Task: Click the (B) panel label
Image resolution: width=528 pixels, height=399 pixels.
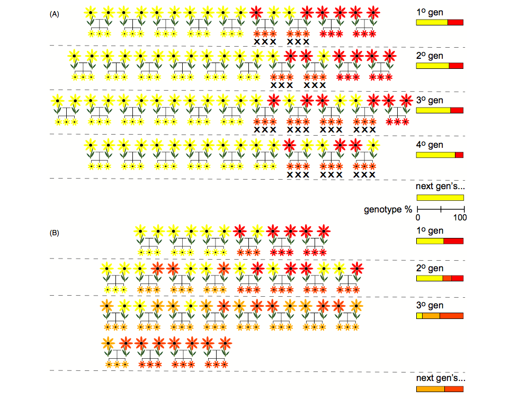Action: click(x=54, y=233)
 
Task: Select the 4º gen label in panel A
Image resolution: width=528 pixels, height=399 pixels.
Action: click(x=429, y=145)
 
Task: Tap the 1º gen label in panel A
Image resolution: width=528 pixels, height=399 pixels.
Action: click(x=429, y=11)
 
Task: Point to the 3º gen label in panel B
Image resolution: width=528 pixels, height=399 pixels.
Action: click(x=429, y=305)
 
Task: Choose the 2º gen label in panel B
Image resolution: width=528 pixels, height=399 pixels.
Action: click(x=429, y=269)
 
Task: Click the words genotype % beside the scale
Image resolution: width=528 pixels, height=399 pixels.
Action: click(x=388, y=209)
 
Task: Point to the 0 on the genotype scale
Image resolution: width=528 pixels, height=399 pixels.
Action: click(x=418, y=218)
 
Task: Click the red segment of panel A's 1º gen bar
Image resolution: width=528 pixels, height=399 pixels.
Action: click(x=455, y=22)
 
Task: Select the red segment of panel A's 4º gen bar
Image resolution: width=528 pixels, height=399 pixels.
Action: click(x=459, y=155)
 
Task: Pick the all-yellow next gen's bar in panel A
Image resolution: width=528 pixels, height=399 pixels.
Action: click(x=440, y=198)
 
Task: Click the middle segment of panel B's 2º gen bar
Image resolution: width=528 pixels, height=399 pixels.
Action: click(x=447, y=278)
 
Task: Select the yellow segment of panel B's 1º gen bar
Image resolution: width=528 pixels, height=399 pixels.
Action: click(x=430, y=241)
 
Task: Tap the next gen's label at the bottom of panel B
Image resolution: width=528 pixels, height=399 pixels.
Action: click(x=440, y=379)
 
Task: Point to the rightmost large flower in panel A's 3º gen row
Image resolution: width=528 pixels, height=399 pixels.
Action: click(x=406, y=100)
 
